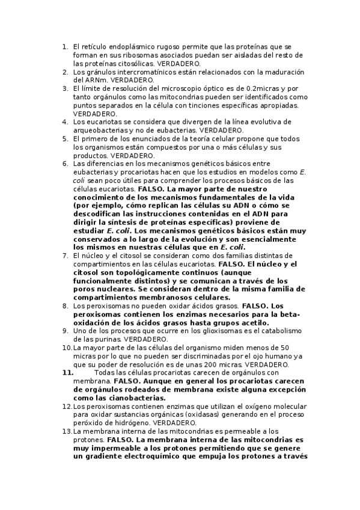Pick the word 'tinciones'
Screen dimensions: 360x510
pos(201,105)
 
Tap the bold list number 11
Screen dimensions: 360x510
pos(67,372)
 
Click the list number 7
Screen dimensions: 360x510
pos(66,256)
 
